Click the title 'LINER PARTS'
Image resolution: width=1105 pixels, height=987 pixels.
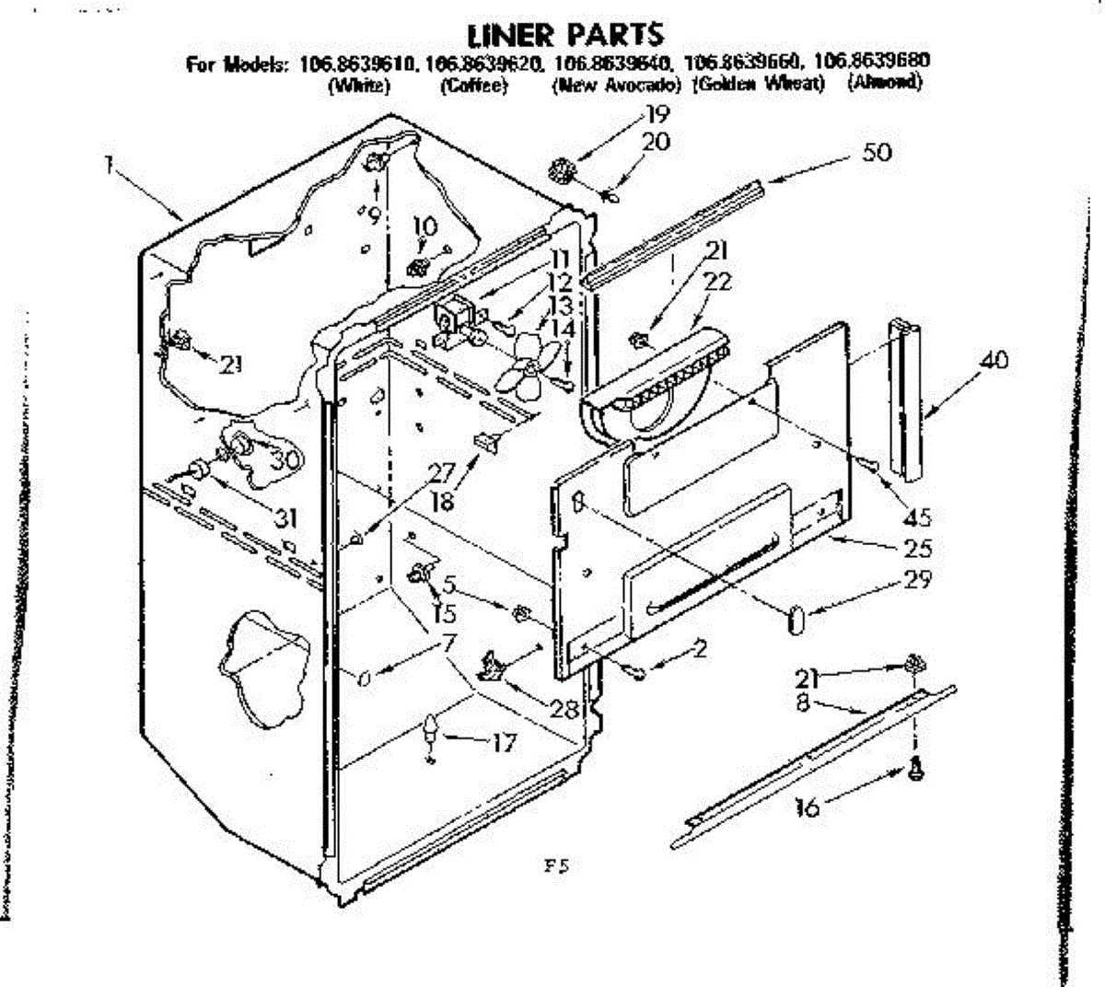(565, 34)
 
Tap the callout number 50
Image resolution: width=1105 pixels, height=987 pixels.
(877, 152)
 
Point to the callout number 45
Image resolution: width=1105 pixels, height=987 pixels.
(916, 517)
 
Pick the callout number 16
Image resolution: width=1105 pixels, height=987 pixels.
(808, 807)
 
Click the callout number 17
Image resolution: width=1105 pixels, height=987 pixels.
(503, 742)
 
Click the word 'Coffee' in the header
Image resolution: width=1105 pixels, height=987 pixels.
(473, 85)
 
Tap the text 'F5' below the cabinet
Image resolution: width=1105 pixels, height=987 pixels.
(557, 866)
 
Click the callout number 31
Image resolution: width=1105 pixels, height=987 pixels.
(287, 518)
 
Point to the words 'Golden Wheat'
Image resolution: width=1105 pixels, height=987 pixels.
(758, 85)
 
